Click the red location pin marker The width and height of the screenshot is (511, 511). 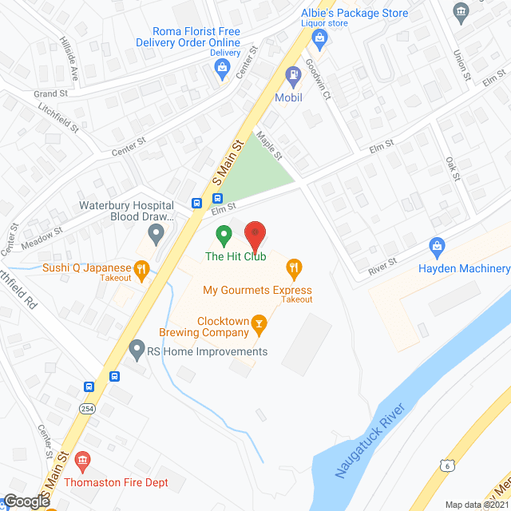255,236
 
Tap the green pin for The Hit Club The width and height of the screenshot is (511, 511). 224,236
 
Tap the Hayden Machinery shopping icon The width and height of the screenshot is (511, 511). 437,246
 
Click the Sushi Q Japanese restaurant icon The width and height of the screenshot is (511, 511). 142,269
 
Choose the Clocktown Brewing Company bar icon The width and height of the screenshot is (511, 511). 258,323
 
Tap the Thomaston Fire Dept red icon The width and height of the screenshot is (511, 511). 81,461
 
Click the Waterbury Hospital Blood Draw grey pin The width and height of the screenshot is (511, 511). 156,234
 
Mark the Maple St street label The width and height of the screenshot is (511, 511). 271,146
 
